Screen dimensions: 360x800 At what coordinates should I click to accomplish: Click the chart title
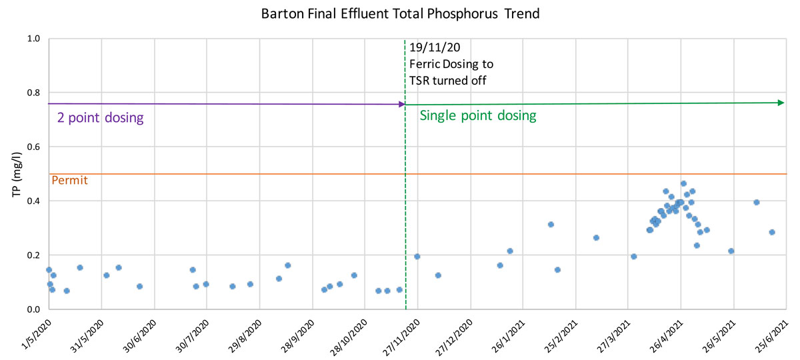click(x=400, y=13)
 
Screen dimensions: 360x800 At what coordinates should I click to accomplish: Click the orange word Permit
click(x=69, y=180)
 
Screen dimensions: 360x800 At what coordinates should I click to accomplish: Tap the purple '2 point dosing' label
click(x=99, y=119)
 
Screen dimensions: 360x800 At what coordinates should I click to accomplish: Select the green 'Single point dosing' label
click(x=477, y=115)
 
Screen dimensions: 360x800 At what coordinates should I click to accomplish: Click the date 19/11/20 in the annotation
click(x=435, y=48)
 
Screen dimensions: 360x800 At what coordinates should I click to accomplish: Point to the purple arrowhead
click(x=401, y=104)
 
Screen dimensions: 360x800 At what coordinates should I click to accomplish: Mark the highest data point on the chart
click(x=683, y=183)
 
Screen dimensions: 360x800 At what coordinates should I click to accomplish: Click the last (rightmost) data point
click(x=772, y=232)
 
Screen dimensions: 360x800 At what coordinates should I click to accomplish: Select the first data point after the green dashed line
click(x=417, y=256)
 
